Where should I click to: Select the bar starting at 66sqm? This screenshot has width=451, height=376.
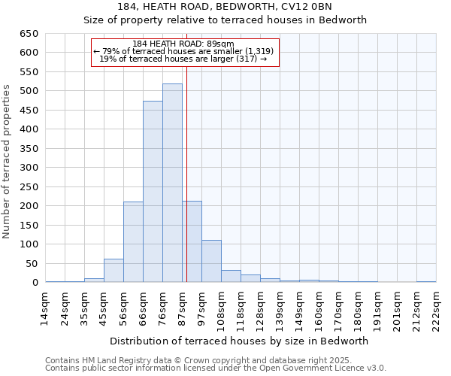click(x=153, y=192)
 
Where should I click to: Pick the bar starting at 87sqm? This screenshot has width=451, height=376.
click(x=192, y=241)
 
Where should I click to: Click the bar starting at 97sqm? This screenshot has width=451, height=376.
click(x=211, y=261)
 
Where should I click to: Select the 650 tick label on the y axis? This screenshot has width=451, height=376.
click(x=29, y=34)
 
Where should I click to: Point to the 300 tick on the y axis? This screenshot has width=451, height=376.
click(x=29, y=168)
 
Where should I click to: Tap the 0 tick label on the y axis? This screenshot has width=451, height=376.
click(x=35, y=283)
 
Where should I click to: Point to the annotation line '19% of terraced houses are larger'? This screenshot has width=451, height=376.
click(x=183, y=59)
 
